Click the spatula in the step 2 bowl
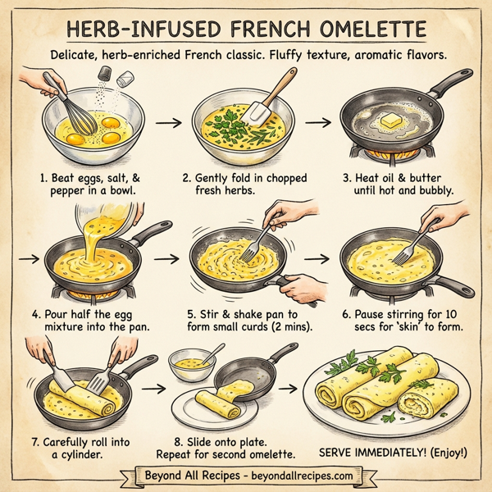point(262,107)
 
